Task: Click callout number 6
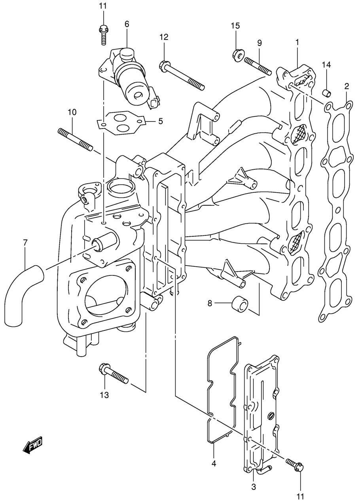tap(127, 24)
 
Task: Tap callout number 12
tap(164, 37)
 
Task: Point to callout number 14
tap(326, 65)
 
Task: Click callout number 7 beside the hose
tap(25, 242)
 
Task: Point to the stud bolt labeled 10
tap(75, 139)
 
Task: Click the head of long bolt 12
tap(164, 66)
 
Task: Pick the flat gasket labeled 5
tap(121, 123)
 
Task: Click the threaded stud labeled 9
tap(258, 66)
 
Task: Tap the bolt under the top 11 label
tap(103, 35)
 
